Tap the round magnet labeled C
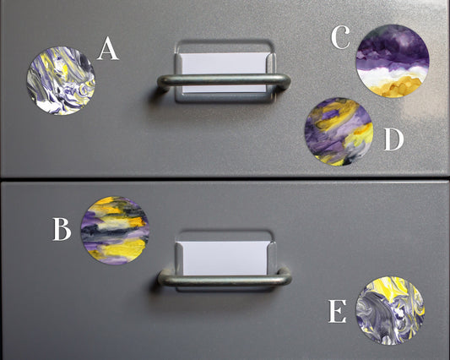(x=393, y=61)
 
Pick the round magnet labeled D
(x=339, y=131)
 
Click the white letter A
(x=108, y=49)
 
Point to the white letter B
(x=61, y=229)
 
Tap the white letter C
(x=340, y=38)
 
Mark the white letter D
(x=393, y=140)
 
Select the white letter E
(x=337, y=314)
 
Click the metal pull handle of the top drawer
(x=224, y=82)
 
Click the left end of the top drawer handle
(x=163, y=83)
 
